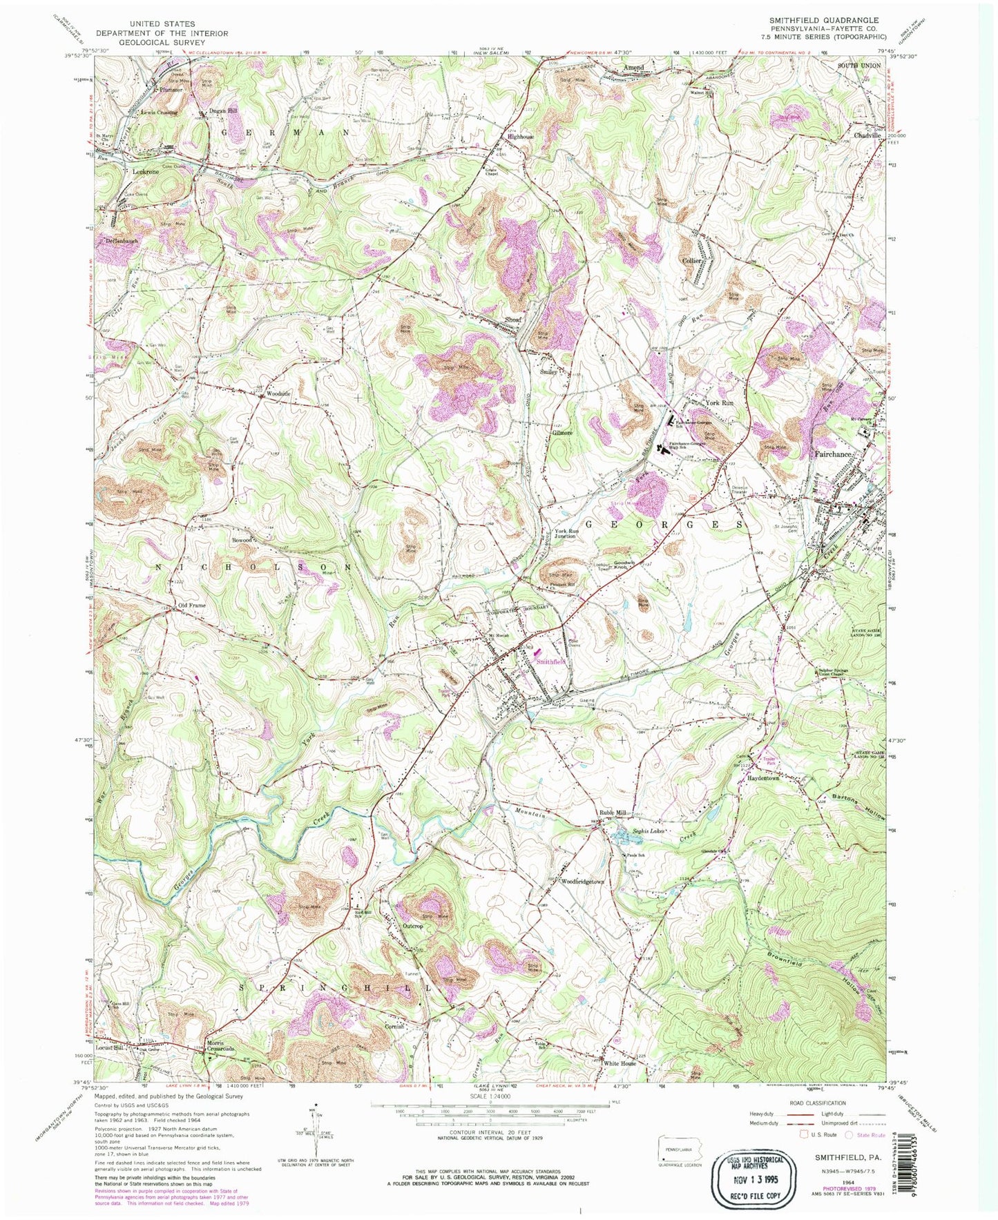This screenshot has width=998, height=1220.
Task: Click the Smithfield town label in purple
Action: tap(551, 661)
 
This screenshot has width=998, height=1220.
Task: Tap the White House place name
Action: tap(620, 1063)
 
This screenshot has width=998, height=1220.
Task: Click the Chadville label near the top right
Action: tap(867, 135)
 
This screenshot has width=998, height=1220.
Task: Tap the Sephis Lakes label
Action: tap(649, 831)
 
